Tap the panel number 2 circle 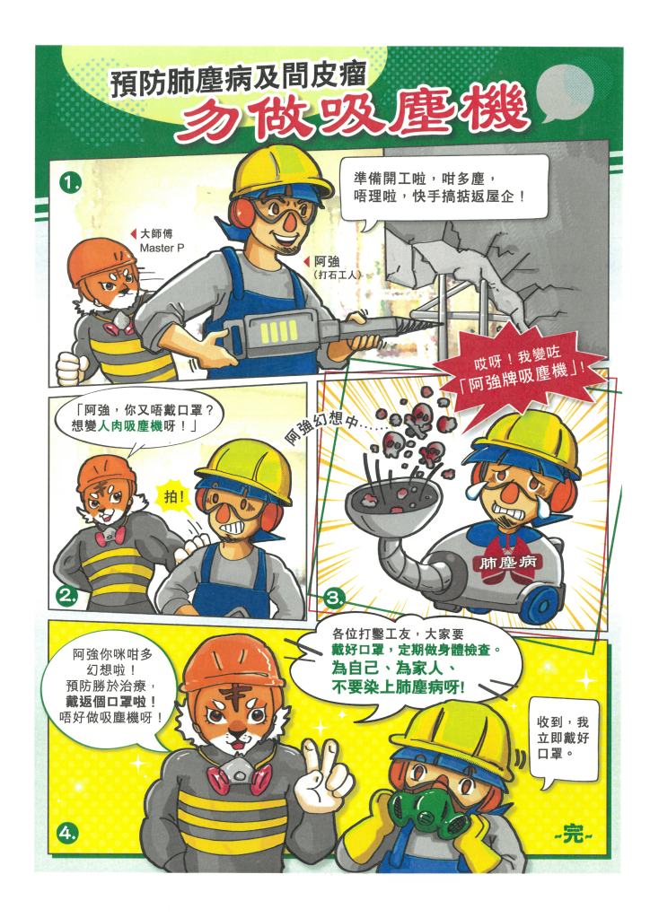(x=68, y=597)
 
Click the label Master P (x=162, y=249)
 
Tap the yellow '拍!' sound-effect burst (x=175, y=498)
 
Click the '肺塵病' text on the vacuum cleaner (x=507, y=563)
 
